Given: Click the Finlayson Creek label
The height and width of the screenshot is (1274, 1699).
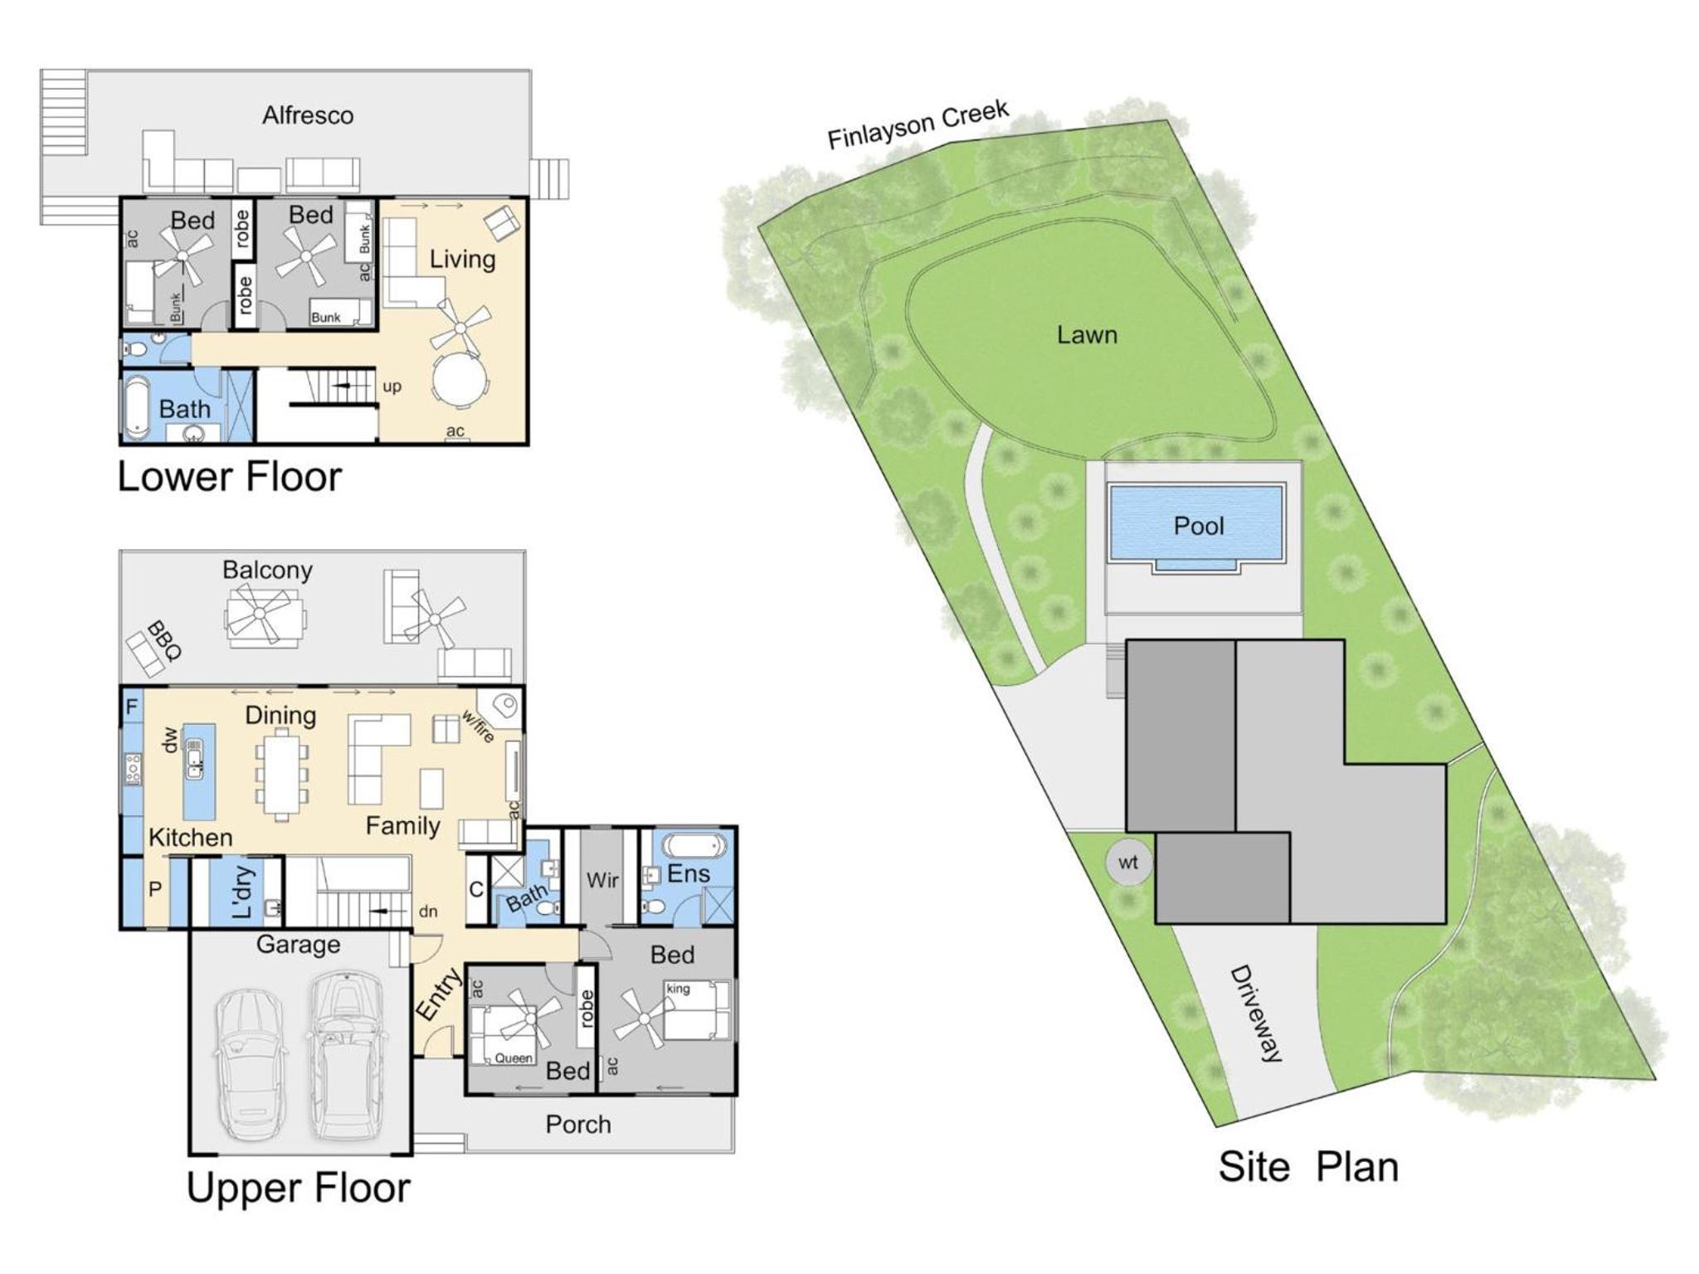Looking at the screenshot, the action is click(918, 125).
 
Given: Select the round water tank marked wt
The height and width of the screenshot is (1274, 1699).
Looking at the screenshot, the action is click(1128, 863).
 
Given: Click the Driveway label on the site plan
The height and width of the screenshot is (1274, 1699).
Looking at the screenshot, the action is click(1255, 1013).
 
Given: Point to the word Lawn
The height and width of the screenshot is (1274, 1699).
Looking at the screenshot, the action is click(1087, 335).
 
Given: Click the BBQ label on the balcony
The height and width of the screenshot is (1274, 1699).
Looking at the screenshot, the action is click(163, 639).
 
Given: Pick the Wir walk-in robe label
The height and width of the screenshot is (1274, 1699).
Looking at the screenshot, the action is click(602, 879).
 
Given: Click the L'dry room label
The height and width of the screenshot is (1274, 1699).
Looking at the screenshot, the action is click(241, 892).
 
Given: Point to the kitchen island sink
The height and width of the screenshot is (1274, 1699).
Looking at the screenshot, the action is click(194, 758).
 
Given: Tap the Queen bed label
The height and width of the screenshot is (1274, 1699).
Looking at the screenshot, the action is click(514, 1058).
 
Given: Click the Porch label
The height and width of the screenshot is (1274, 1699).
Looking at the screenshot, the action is click(578, 1124).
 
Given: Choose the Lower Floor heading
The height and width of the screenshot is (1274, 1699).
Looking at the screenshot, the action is click(230, 477).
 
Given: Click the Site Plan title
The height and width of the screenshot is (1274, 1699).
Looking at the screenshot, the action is click(1308, 1167).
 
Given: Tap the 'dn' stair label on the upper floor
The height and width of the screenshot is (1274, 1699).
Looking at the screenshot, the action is click(428, 912).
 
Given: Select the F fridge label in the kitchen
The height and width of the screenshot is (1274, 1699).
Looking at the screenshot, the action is click(131, 708).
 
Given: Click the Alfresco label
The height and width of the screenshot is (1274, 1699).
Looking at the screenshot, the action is click(308, 115).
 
